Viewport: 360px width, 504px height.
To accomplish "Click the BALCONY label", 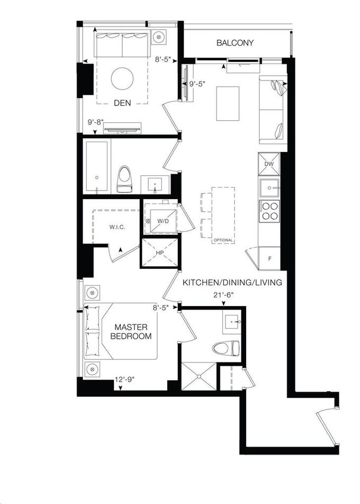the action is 235,43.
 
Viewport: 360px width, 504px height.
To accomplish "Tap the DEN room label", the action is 122,103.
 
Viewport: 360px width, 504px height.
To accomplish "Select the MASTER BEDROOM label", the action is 131,332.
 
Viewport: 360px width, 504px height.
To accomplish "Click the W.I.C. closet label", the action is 117,227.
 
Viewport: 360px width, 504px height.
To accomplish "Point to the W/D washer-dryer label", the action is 163,221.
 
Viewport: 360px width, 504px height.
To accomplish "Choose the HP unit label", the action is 160,253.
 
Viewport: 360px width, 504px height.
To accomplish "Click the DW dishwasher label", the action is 269,164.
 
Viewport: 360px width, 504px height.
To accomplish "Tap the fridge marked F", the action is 269,258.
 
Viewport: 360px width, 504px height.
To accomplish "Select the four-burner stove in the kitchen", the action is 269,211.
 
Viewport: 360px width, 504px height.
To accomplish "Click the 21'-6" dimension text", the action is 223,294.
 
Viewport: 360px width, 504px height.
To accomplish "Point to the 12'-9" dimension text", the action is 124,380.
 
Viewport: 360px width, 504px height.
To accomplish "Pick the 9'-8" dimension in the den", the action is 95,122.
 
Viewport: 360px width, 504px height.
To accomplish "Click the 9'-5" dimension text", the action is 197,84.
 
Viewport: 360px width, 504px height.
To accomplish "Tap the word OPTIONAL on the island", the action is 223,240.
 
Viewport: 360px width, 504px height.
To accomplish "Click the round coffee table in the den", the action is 122,79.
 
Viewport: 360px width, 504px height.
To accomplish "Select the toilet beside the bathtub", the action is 123,179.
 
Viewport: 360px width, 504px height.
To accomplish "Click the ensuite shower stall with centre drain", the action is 199,376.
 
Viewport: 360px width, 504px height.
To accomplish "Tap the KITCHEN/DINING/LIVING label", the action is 232,283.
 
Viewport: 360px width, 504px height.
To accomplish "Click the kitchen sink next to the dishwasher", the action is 269,187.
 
